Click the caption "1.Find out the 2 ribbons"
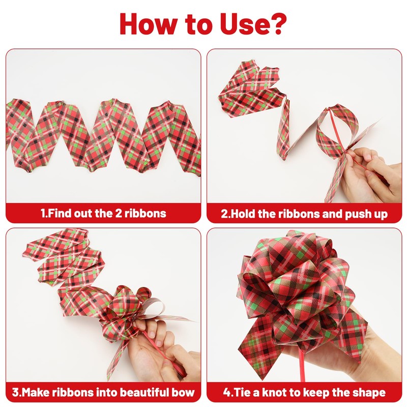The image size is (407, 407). point(103,213)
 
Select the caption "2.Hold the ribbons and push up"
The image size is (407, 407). point(304,214)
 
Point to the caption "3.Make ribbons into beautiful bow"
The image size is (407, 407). point(103,392)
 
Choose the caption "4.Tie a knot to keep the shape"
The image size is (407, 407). point(304,392)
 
